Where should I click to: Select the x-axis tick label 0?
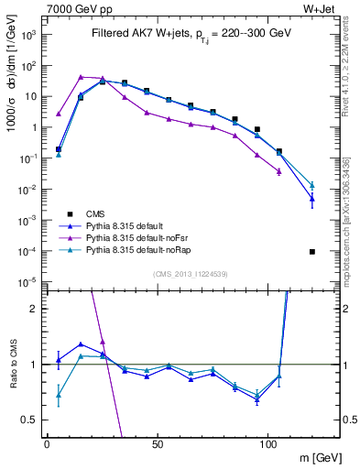click(x=47, y=443)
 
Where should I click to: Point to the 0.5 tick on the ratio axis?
click(x=32, y=420)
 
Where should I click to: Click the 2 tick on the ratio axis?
click(x=35, y=309)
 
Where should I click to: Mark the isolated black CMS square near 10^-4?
click(x=312, y=252)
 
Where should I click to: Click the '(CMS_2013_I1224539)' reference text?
click(x=191, y=274)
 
